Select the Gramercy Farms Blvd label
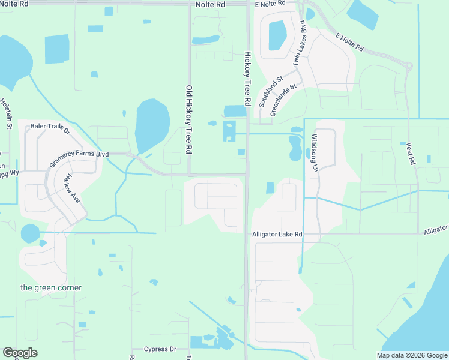[79, 158]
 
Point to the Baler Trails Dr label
[51, 127]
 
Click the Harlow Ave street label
[71, 187]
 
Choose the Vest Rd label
[411, 153]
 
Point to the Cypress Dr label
[160, 349]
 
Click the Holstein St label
[5, 113]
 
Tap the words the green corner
[51, 287]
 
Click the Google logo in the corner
[20, 353]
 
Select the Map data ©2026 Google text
[412, 355]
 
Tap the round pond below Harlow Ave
[29, 233]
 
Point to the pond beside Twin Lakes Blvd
[277, 35]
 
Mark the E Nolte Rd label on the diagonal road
[349, 41]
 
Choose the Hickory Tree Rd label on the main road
[247, 75]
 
